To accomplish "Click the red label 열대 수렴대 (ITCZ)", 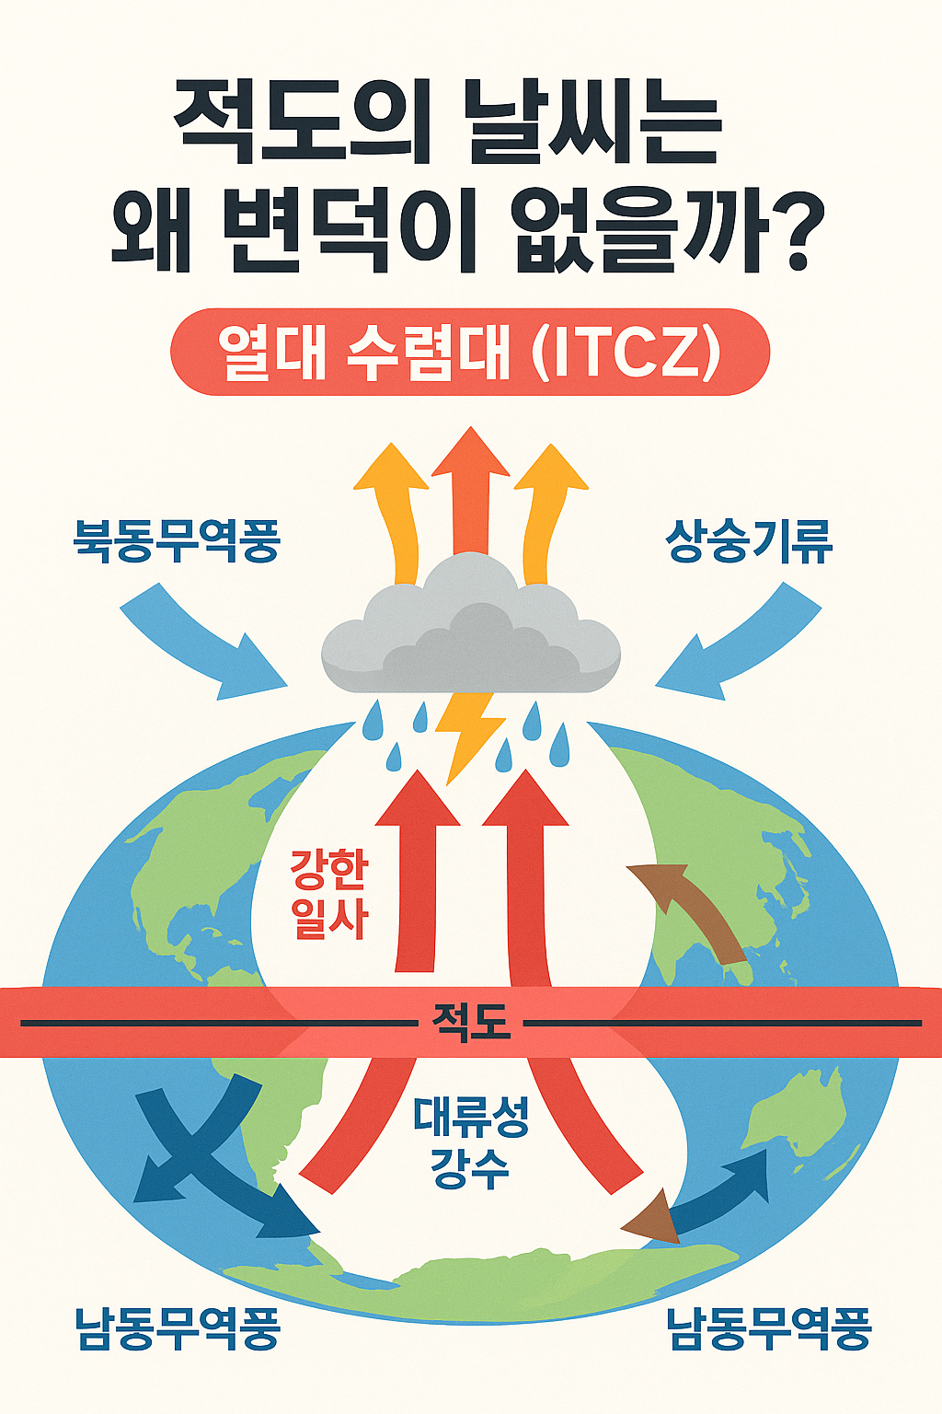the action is pos(470,353).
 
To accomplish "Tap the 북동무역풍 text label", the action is pos(176,540).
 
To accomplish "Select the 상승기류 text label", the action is pos(749,540).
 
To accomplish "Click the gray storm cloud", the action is pos(471,635).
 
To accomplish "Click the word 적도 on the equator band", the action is pos(470,1022).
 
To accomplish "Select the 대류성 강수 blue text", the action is pos(470,1142).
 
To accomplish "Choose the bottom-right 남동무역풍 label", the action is pos(768,1329).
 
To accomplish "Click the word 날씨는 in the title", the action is pos(592,124).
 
